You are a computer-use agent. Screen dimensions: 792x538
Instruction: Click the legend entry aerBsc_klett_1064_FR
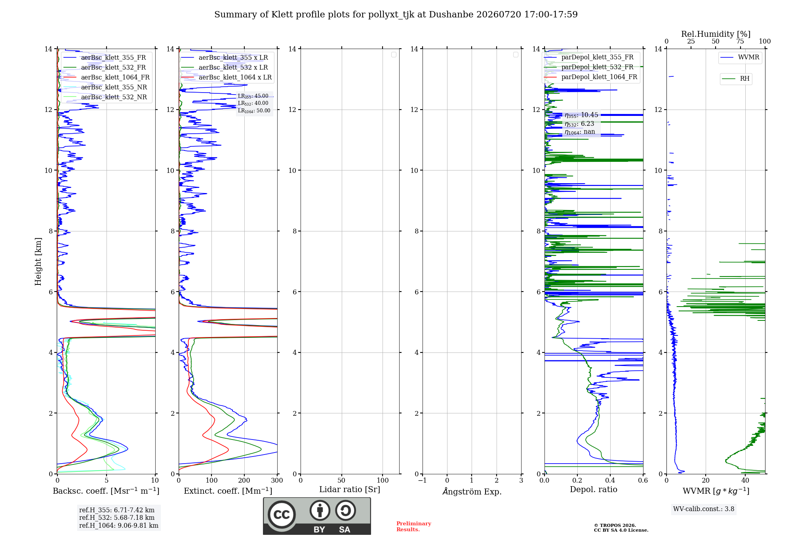point(106,77)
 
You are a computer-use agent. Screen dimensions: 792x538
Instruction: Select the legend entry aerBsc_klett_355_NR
point(105,87)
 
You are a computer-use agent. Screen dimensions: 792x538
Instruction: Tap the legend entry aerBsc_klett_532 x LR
point(224,67)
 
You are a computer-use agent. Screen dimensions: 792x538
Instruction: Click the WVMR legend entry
point(740,57)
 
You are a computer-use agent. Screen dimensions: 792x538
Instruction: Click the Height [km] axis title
point(38,261)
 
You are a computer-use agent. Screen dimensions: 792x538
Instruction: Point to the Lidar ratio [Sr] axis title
point(350,489)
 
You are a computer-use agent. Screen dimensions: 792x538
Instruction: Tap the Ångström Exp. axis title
point(472,491)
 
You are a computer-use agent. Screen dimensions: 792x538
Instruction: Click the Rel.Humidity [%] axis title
point(716,34)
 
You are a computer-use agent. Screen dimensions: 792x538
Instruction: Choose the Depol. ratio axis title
point(594,489)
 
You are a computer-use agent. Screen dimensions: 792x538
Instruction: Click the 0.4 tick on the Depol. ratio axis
point(610,480)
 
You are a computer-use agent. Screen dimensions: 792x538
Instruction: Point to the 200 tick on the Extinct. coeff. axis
point(244,480)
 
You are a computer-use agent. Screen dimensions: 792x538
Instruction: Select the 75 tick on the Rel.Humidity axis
point(740,42)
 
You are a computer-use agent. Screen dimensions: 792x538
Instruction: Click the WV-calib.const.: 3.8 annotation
point(704,509)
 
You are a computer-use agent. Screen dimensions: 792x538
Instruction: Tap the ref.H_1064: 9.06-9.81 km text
point(119,525)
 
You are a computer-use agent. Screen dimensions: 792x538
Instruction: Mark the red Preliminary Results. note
point(414,527)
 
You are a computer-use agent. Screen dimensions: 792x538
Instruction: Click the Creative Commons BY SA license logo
point(317,516)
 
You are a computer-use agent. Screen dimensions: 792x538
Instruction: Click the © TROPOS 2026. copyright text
point(615,525)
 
